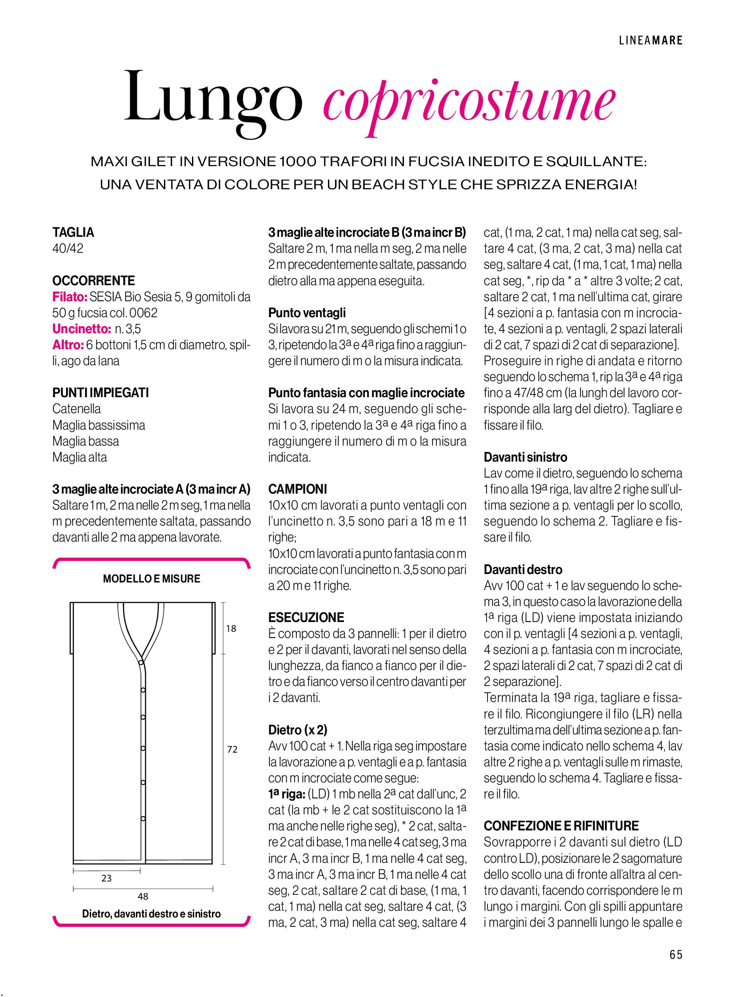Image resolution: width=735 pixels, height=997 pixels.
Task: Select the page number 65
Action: [675, 954]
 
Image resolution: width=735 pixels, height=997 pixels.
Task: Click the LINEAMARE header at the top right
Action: [651, 40]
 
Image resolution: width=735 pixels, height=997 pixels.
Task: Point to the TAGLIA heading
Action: [73, 232]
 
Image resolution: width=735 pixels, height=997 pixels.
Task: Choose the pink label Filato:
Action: [70, 297]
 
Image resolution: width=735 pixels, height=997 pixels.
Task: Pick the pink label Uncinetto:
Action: [81, 329]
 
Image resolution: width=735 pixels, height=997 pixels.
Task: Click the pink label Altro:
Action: [68, 345]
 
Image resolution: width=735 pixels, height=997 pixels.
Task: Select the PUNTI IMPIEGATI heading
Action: [100, 393]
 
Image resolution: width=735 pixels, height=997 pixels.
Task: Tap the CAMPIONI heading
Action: [298, 489]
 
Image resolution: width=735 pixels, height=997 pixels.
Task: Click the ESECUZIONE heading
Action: [306, 618]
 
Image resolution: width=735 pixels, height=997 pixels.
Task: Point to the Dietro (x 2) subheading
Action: [298, 730]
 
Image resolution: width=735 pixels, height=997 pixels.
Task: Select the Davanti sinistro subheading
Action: [525, 457]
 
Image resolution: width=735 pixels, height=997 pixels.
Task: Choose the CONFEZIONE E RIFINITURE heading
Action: [561, 826]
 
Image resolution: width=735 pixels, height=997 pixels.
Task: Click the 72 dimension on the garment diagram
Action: [232, 750]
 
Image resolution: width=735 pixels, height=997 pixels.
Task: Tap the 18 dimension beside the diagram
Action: [231, 629]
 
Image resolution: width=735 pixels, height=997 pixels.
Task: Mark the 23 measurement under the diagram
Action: [106, 878]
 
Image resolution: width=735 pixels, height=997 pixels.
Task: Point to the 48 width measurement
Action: [143, 897]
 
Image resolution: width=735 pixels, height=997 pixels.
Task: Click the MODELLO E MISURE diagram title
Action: [151, 579]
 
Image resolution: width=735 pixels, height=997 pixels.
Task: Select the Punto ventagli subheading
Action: [307, 313]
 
